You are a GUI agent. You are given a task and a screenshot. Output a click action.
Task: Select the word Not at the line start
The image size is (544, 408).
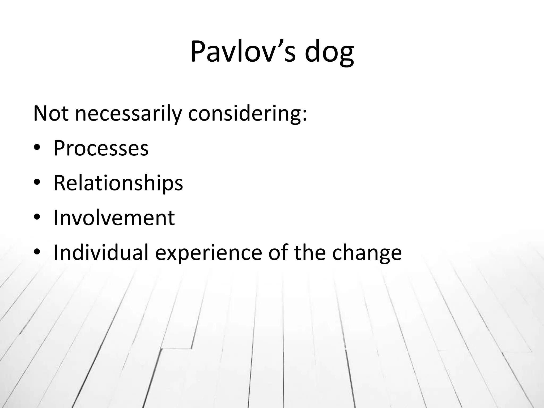[x=51, y=113]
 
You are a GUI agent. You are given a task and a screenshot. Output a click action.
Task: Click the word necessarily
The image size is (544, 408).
[x=128, y=114]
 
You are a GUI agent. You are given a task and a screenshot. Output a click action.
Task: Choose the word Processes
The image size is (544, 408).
[x=101, y=148]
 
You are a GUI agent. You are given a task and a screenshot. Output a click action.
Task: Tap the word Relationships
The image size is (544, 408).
[x=118, y=183]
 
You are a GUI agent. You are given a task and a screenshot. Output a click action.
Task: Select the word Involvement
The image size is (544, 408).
[x=114, y=218]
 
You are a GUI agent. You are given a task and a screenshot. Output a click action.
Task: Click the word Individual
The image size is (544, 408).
[x=101, y=252]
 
